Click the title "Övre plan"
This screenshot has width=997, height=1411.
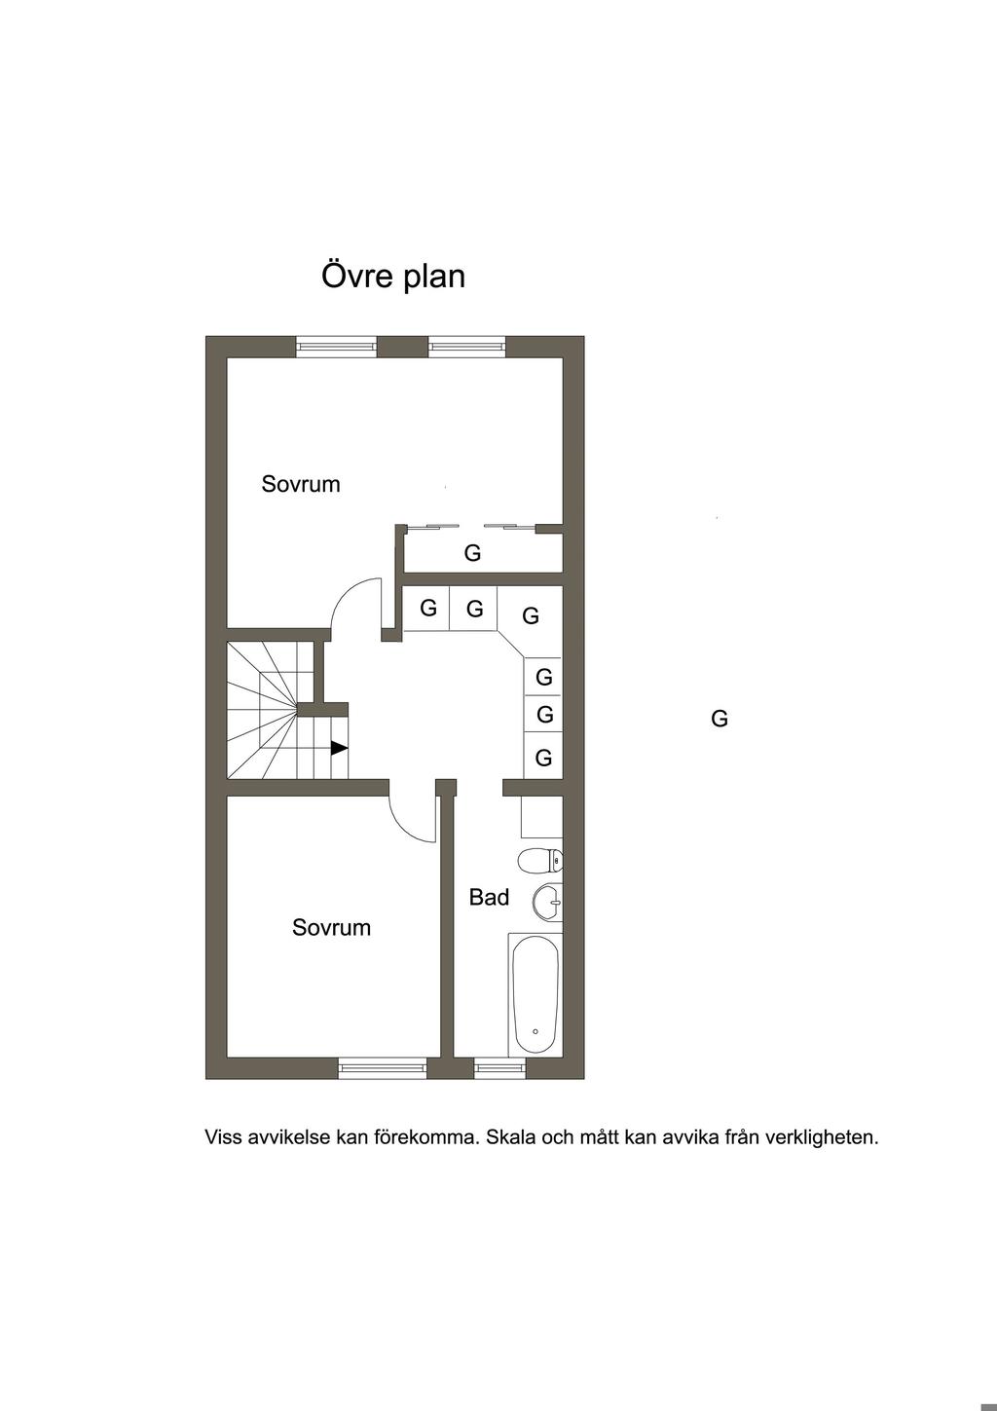[393, 276]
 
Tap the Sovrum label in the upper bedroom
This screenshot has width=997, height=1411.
[301, 484]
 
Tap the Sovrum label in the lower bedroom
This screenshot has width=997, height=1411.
[331, 927]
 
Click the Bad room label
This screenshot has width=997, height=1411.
[489, 897]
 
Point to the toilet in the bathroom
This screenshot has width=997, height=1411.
[540, 860]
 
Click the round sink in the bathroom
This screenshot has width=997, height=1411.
[547, 903]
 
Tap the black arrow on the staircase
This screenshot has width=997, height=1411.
[340, 748]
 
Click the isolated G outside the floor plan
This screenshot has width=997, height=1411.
[720, 718]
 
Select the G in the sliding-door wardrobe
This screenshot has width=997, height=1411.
[472, 553]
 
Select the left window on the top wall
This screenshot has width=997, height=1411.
[336, 347]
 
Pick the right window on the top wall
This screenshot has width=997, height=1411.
[467, 347]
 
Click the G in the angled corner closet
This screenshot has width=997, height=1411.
[531, 615]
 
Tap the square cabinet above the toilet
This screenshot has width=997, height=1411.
[541, 816]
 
